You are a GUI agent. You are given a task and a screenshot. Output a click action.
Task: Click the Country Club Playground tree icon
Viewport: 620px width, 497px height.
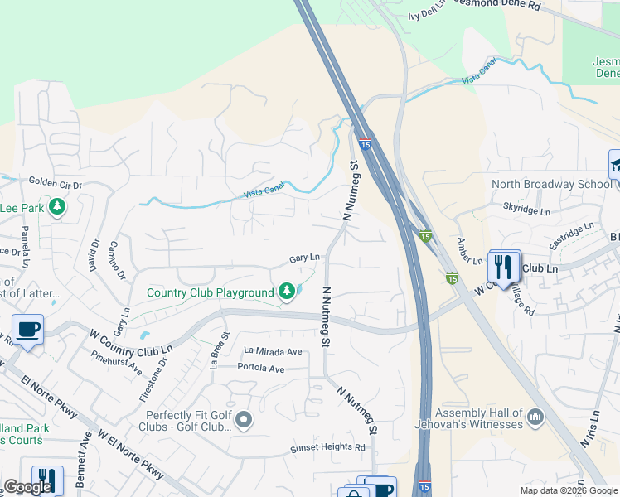(x=287, y=292)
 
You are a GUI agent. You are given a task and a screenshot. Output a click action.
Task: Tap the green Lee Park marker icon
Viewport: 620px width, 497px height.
(x=57, y=206)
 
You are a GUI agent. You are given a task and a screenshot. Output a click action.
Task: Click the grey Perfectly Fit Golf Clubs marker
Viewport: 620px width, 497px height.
(x=243, y=421)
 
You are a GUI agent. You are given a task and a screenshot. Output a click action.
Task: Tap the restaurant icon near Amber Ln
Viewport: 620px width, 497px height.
(x=502, y=267)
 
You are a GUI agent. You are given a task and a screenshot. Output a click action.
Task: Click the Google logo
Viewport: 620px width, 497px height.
(x=27, y=487)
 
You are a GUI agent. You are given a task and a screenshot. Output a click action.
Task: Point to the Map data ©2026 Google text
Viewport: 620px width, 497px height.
(x=569, y=490)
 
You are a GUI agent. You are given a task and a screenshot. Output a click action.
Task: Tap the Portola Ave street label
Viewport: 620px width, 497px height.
(x=261, y=367)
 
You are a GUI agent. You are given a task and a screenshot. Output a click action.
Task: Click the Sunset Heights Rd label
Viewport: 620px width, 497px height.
(x=327, y=448)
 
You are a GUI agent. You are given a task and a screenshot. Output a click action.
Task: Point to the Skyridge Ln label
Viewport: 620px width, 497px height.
(x=526, y=211)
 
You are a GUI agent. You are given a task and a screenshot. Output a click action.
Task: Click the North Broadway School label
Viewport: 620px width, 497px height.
(x=551, y=184)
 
